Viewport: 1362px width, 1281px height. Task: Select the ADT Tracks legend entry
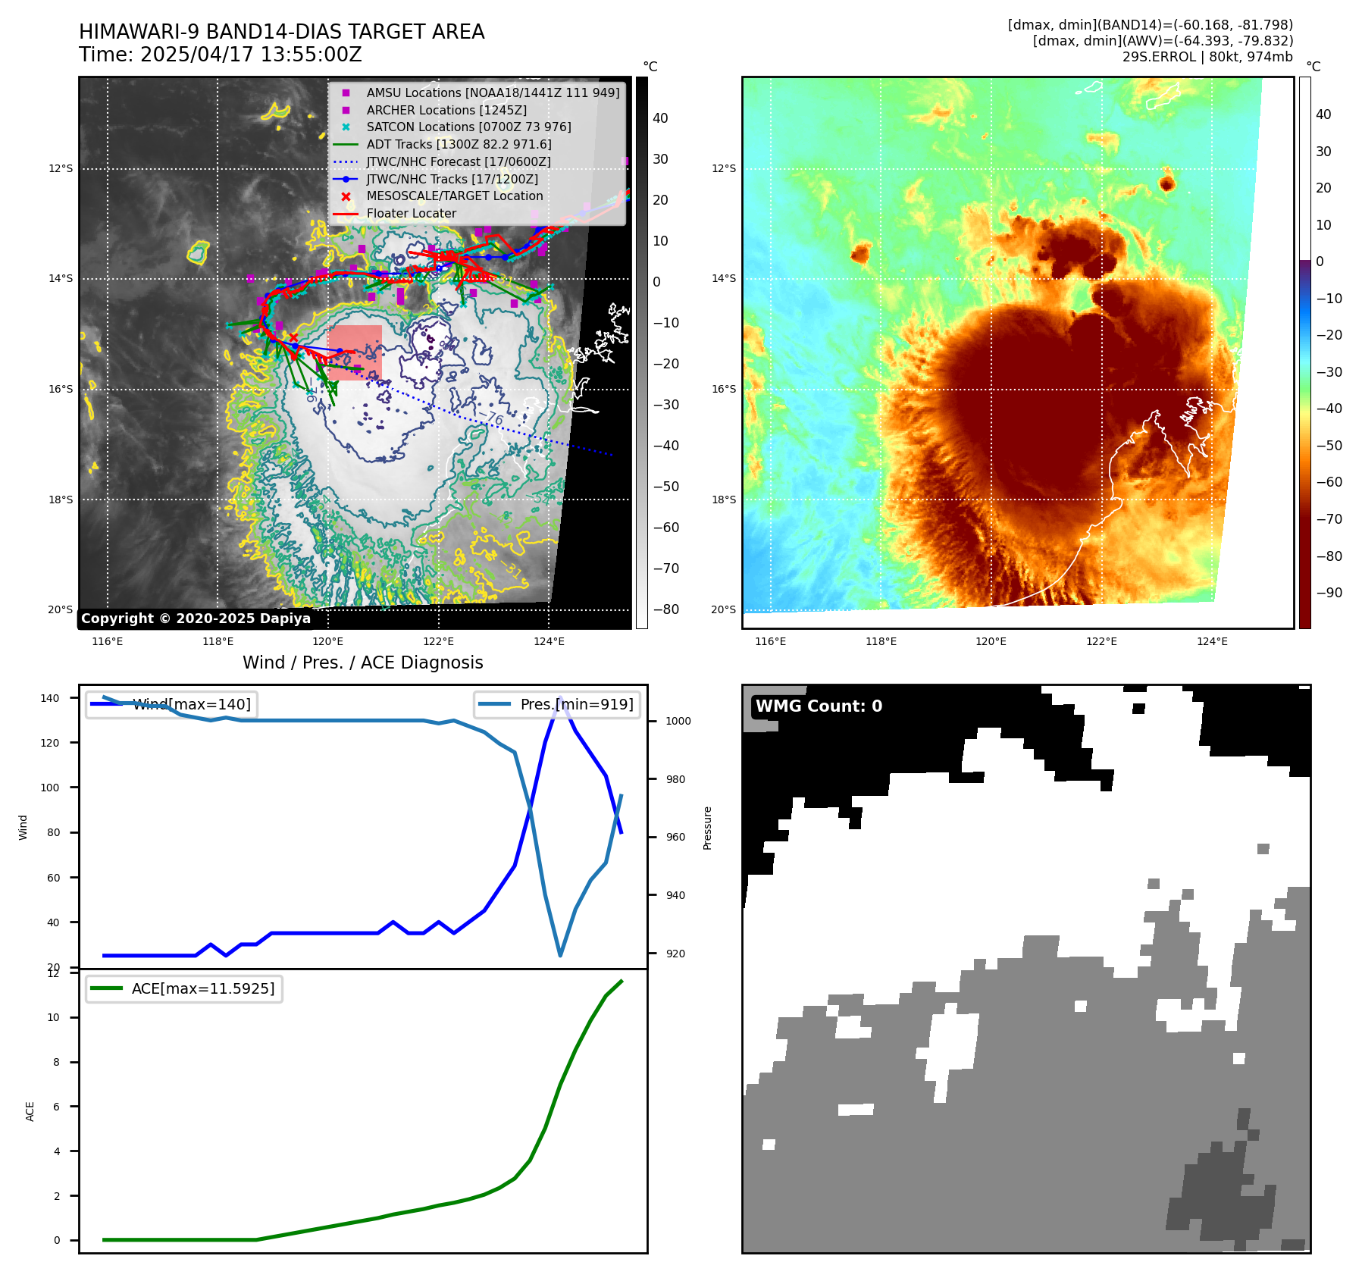[x=459, y=144]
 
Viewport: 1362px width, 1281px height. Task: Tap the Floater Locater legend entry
[x=411, y=214]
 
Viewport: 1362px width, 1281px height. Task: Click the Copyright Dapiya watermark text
[x=196, y=619]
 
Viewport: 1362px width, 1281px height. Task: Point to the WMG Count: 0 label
[x=819, y=706]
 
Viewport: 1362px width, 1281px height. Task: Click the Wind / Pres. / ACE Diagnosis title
[x=362, y=662]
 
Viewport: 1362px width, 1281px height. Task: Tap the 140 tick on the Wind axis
[x=50, y=698]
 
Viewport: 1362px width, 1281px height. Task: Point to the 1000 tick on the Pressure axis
[x=678, y=721]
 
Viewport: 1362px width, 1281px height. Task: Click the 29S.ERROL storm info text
[x=1207, y=57]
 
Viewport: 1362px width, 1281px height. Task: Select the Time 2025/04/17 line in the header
[x=221, y=55]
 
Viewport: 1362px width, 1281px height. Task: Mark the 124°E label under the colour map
[x=1212, y=641]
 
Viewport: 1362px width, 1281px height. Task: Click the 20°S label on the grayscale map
[x=61, y=610]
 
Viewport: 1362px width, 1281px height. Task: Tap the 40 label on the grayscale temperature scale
[x=660, y=118]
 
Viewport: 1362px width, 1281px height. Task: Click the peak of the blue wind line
[x=560, y=698]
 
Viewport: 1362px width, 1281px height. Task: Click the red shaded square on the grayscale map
[x=355, y=352]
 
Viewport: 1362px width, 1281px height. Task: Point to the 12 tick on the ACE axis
[x=53, y=974]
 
